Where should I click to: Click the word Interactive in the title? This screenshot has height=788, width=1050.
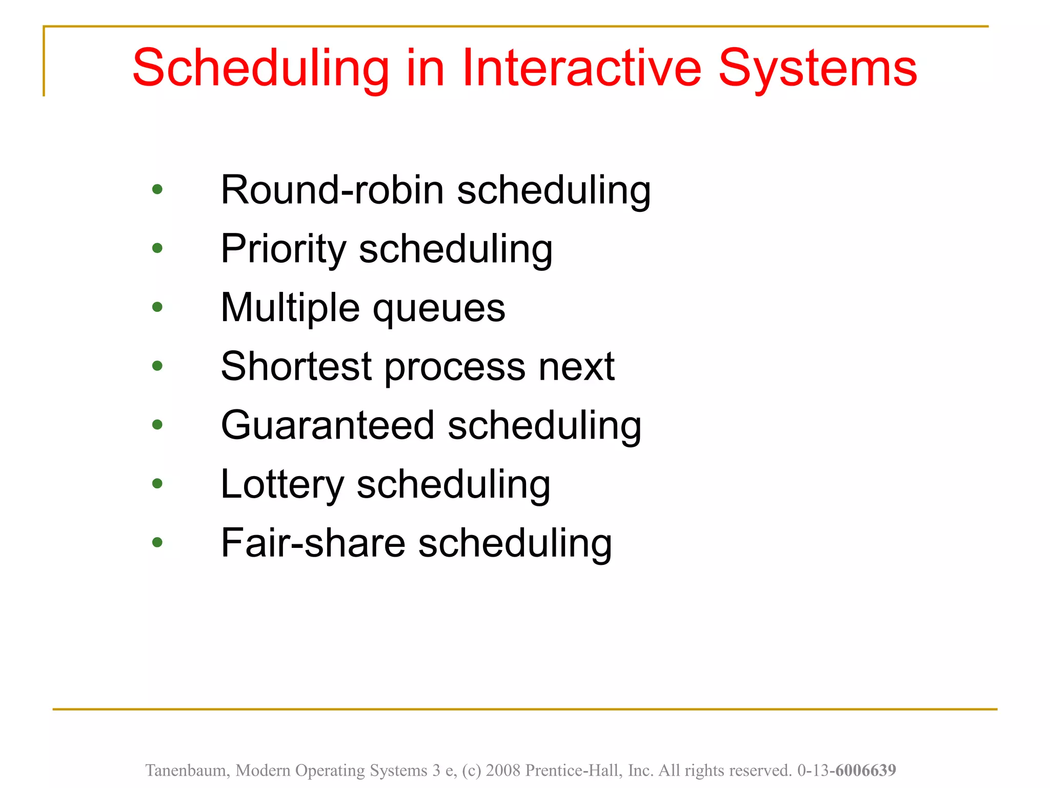(x=581, y=68)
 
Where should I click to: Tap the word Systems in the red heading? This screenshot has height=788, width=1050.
(x=818, y=68)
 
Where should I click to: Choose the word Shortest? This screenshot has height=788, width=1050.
(x=296, y=367)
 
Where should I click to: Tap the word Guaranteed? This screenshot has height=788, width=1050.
(x=328, y=426)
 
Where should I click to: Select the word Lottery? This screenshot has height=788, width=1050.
(x=282, y=485)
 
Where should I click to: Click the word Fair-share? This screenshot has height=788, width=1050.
(x=313, y=543)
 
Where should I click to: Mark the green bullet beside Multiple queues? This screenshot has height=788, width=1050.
(x=157, y=307)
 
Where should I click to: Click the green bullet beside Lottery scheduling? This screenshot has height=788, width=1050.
(x=157, y=483)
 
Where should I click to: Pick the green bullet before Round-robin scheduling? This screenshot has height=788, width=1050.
(x=157, y=189)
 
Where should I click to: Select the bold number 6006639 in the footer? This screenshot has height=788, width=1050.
(x=865, y=771)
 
